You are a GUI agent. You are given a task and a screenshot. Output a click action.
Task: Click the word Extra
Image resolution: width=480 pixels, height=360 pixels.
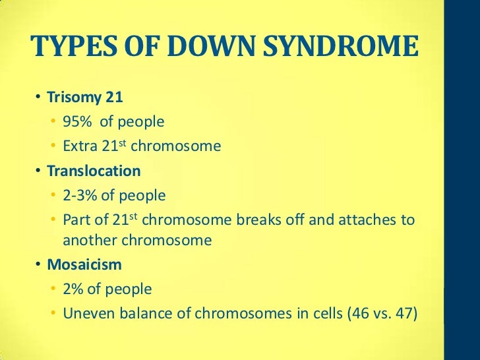click(x=80, y=146)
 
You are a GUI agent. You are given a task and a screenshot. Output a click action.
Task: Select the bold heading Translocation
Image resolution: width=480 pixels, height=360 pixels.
click(x=94, y=171)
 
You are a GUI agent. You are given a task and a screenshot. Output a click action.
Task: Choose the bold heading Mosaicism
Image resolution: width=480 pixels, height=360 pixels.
click(x=84, y=265)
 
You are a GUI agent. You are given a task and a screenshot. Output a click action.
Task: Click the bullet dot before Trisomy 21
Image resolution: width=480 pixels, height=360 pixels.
click(x=39, y=98)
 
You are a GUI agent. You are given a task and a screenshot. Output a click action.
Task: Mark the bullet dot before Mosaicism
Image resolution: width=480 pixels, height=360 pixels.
click(x=39, y=266)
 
